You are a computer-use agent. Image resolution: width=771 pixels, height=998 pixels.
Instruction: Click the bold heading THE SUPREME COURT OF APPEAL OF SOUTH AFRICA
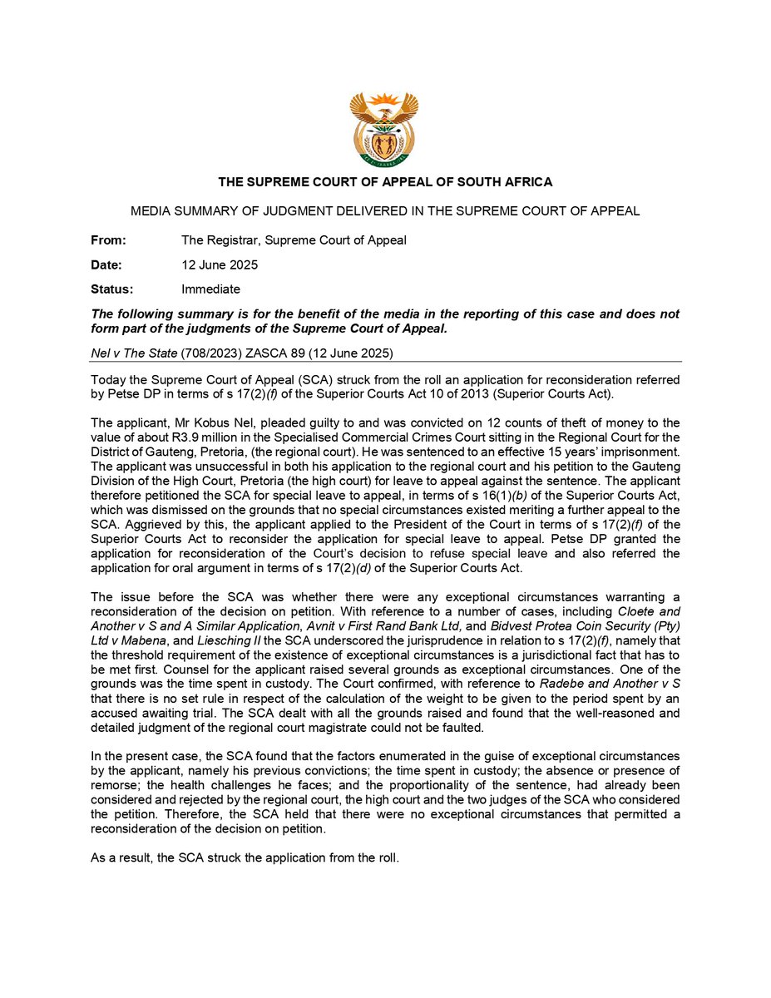coord(385,182)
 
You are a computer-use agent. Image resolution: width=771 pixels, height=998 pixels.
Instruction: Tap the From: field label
coord(108,240)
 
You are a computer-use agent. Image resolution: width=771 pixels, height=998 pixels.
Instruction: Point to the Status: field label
coord(111,289)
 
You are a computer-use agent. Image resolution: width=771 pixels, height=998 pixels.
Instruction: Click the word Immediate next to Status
coord(210,289)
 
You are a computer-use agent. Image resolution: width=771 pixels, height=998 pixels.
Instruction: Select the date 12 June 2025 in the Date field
coord(220,265)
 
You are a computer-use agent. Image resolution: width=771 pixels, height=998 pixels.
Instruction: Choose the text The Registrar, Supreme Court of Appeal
coord(294,240)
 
